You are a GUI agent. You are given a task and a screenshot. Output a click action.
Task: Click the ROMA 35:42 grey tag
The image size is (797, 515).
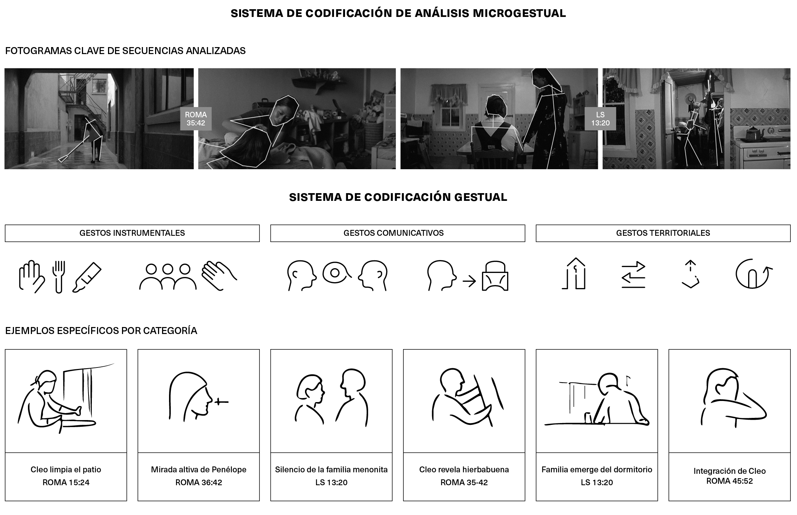coord(195,119)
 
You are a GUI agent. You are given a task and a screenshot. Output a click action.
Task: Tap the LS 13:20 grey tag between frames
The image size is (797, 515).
coord(600,119)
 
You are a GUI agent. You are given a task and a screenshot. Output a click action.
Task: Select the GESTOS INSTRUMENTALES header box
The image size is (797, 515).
coord(132,233)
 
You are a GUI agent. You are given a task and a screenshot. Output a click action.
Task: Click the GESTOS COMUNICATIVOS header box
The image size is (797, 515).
coord(398,233)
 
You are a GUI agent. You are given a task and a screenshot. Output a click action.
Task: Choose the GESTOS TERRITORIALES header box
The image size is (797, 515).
coord(663,233)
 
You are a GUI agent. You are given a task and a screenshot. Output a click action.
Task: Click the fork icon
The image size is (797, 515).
coord(59,277)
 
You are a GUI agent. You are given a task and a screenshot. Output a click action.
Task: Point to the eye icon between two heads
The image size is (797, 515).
coord(335,273)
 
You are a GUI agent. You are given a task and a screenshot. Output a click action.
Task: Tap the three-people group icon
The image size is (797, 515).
coord(168,277)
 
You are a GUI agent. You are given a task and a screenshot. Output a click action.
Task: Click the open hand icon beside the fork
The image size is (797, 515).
coord(31,277)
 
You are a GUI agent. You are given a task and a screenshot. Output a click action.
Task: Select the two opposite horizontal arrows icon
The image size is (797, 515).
coord(633,275)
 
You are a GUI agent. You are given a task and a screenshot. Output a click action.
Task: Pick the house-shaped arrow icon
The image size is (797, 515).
coord(574,273)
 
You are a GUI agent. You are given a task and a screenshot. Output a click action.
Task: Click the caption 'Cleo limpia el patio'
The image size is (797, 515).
coord(66,470)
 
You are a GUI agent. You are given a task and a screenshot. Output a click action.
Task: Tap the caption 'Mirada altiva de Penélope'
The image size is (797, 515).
coord(199,470)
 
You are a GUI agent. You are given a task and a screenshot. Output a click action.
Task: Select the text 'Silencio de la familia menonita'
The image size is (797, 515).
coord(331,470)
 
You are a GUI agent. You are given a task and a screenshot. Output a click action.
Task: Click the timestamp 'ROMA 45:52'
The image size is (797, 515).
coord(730,481)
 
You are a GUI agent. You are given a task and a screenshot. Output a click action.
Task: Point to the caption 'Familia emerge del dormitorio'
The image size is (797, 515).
coord(597,470)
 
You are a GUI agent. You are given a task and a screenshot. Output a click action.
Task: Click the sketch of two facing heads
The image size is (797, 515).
coord(331,397)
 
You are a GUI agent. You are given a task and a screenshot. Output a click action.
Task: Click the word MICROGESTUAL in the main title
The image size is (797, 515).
coord(519,13)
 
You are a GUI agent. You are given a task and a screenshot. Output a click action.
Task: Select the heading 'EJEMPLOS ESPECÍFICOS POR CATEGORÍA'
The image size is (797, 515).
coord(101,331)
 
